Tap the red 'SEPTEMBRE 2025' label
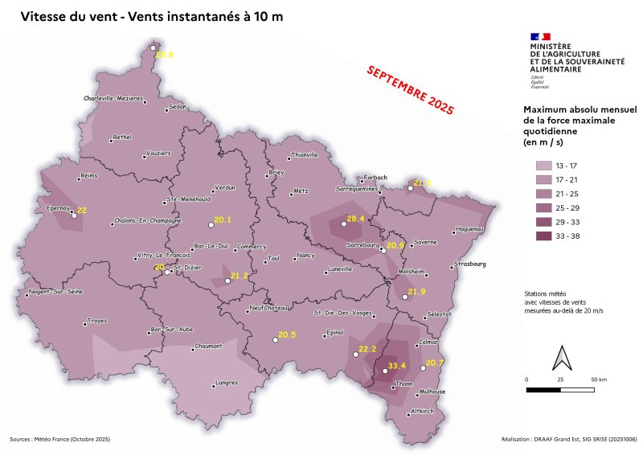(410, 89)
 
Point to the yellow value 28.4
(355, 219)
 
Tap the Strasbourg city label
(470, 264)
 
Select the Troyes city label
(97, 320)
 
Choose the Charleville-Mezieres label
(113, 98)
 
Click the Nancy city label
(305, 256)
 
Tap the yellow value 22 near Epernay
(81, 210)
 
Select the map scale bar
(560, 390)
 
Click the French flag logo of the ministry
(539, 36)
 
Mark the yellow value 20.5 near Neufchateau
(287, 334)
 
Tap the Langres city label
(227, 383)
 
